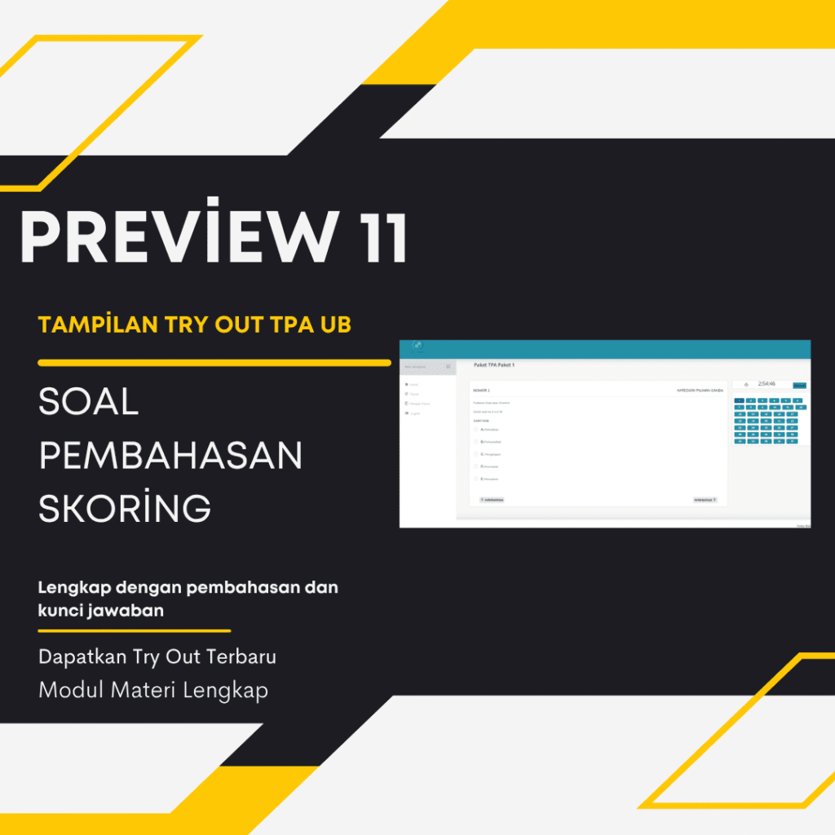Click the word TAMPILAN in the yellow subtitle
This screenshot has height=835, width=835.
91,325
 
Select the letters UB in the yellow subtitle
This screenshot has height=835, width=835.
335,325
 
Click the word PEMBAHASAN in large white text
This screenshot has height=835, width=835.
170,456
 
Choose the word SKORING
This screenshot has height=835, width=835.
125,509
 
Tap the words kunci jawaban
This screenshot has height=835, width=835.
101,610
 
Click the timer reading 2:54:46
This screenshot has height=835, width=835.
767,383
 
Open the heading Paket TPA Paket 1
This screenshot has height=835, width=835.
494,364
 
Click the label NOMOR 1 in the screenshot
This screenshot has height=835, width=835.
482,391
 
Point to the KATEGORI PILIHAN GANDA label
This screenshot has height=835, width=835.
700,391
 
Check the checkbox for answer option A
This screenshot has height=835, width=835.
476,428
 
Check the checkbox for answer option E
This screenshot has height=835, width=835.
476,479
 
